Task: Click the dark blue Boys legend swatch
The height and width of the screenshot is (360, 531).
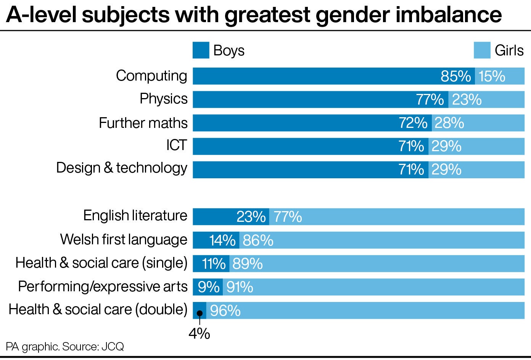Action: point(201,50)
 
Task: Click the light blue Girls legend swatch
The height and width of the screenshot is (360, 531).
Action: point(482,50)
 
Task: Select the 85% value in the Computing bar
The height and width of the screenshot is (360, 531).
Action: point(455,76)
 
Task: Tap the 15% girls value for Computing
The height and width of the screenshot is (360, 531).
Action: point(492,76)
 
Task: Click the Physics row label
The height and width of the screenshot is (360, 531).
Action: point(163,99)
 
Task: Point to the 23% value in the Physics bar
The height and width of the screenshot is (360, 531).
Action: point(467,100)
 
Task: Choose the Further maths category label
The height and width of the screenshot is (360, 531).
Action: point(143,123)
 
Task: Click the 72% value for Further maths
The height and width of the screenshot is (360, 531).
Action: point(413,123)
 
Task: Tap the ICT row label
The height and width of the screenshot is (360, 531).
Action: point(176,145)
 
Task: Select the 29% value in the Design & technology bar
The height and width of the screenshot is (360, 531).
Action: point(446,170)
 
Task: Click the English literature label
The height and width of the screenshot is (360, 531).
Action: point(135,216)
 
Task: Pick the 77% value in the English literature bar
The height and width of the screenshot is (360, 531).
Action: point(288,217)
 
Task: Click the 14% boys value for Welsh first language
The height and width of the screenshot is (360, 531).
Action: point(222,241)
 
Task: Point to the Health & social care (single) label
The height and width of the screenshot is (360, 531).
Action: point(101,263)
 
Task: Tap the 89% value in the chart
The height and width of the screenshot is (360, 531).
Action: point(247,264)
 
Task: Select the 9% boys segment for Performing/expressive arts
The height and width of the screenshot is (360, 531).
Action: point(208,287)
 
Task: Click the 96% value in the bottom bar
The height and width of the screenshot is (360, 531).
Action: point(225,311)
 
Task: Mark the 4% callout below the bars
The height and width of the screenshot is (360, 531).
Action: point(199,334)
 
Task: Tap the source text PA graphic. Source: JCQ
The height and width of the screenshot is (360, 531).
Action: point(65,347)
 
